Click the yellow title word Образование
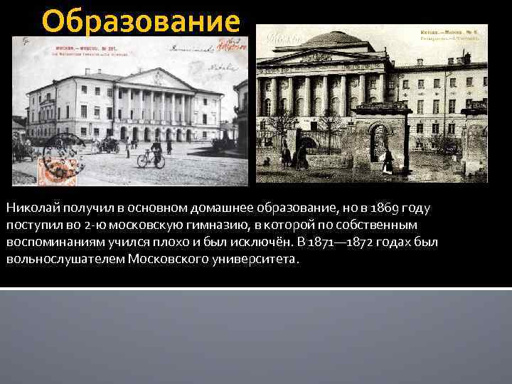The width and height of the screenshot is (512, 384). (x=141, y=21)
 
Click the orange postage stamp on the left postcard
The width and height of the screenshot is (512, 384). (x=58, y=168)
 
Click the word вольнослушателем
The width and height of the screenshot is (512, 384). (x=65, y=260)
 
